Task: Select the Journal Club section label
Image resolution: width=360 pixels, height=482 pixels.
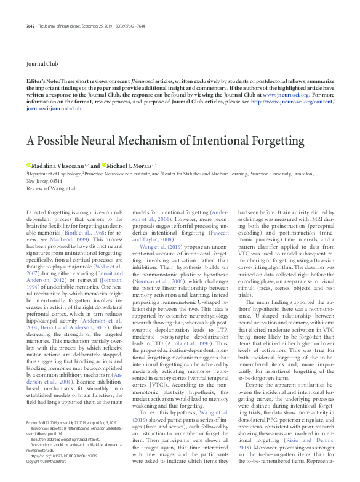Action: tap(42, 64)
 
